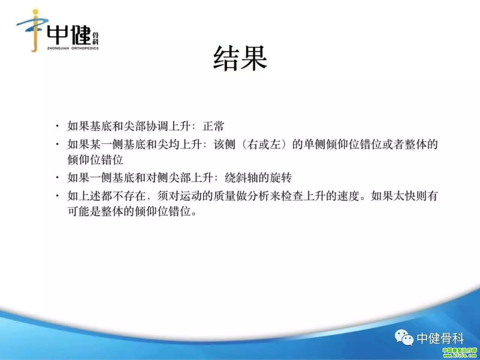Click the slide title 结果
click(240, 58)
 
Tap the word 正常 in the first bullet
click(213, 126)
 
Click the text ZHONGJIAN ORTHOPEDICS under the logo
click(73, 48)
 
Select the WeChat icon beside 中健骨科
click(404, 337)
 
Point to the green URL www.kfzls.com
click(460, 356)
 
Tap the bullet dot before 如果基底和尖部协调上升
click(57, 126)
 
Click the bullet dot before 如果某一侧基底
click(57, 144)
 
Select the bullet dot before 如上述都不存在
click(57, 195)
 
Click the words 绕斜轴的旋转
click(258, 177)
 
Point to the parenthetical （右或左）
click(264, 144)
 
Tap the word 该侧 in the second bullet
click(224, 144)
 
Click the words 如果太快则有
click(404, 196)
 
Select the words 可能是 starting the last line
click(84, 211)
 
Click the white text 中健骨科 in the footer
click(440, 338)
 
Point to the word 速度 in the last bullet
click(348, 196)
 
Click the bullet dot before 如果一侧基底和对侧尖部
click(57, 177)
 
